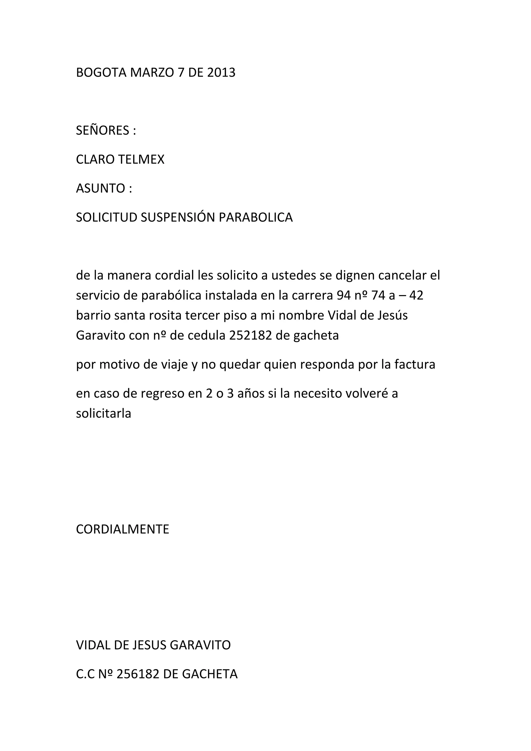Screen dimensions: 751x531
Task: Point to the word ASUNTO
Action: tap(100, 189)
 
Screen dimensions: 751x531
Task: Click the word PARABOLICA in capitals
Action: tap(256, 218)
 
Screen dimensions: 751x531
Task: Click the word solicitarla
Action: tap(103, 413)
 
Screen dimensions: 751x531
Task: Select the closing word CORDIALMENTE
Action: tap(123, 529)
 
